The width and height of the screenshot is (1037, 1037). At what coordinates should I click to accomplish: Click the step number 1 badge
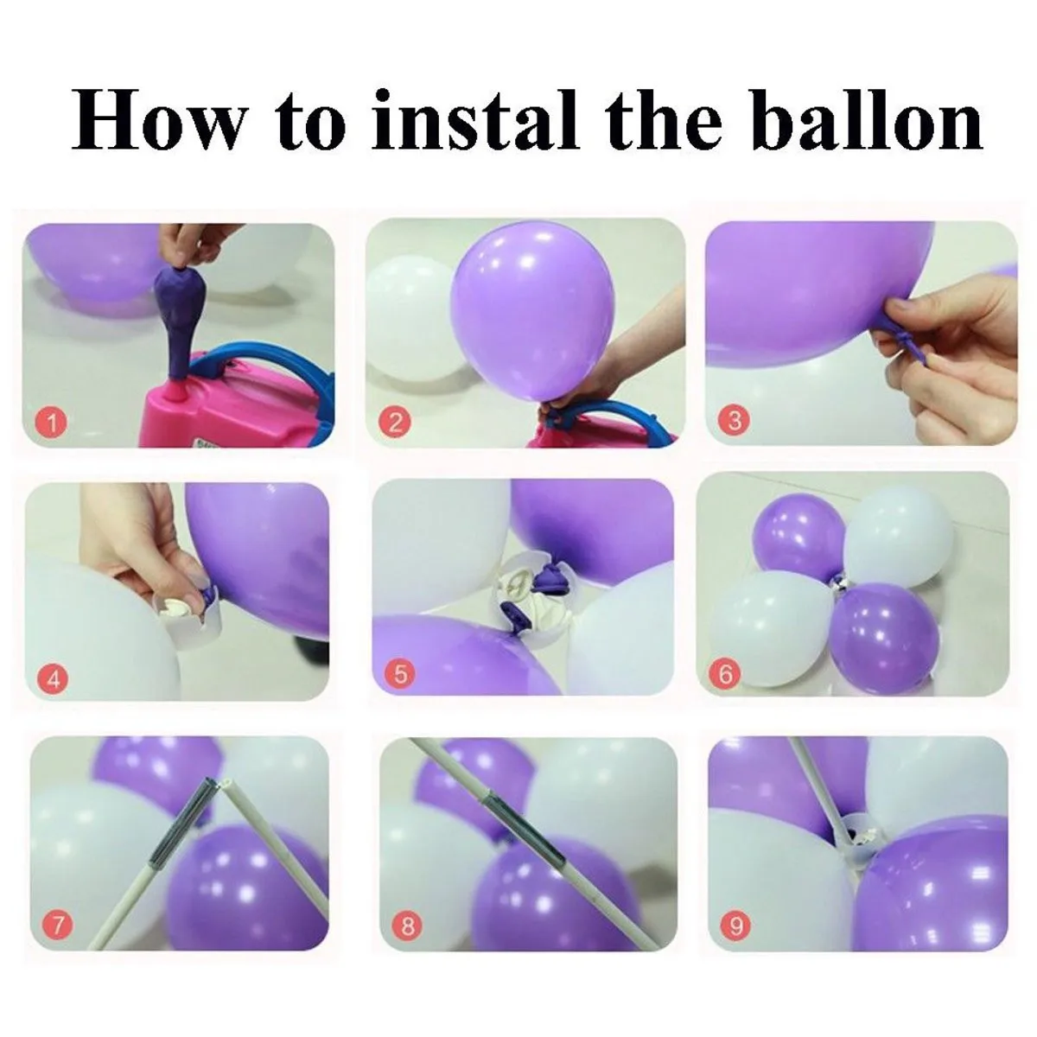coord(53,423)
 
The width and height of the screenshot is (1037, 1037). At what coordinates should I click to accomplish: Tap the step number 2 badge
coord(395,423)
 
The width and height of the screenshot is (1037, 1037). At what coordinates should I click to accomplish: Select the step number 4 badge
coord(54,678)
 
